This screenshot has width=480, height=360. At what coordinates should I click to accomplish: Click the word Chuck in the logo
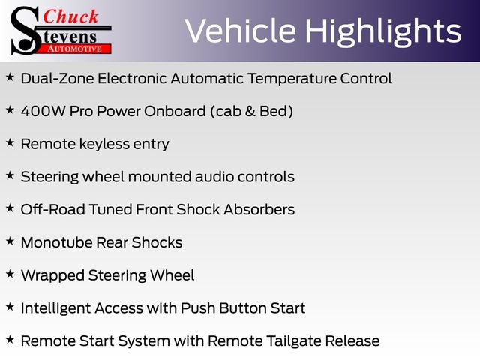point(70,16)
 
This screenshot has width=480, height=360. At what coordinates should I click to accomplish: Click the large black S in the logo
point(25,31)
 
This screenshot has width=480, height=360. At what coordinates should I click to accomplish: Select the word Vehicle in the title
point(241,31)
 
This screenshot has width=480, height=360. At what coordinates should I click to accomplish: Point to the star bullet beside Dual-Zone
point(10,76)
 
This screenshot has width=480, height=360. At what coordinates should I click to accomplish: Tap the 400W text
point(43,111)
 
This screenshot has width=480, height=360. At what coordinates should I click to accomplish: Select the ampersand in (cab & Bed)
point(250,111)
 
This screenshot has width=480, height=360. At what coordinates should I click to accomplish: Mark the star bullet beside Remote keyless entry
point(10,142)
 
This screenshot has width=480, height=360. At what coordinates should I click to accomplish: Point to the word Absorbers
point(259,210)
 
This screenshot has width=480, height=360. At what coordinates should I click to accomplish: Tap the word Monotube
point(57,242)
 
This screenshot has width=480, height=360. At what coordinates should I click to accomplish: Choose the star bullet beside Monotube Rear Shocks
point(10,241)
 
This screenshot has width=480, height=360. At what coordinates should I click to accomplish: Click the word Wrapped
point(52,275)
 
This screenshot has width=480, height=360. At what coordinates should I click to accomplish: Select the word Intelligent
point(55,308)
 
